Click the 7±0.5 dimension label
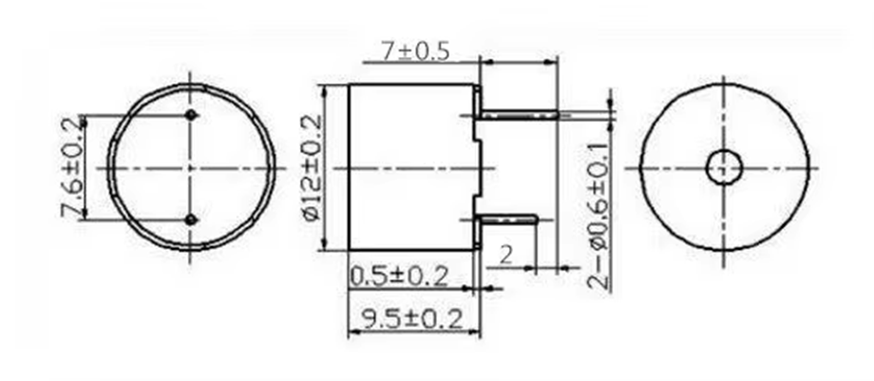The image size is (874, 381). point(414,51)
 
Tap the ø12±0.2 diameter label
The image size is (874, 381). point(310,169)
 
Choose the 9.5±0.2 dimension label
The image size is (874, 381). point(407,318)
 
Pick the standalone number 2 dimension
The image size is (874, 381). point(505,254)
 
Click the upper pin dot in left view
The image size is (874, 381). point(192,116)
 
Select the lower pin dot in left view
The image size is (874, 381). point(192,220)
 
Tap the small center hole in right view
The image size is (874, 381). point(724,167)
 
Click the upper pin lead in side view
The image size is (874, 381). point(518,114)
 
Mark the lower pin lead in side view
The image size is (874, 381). point(508,219)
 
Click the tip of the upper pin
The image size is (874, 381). point(558,114)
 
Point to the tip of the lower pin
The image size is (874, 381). point(537,219)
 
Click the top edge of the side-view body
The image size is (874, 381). point(410,84)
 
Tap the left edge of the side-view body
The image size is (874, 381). point(349,168)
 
